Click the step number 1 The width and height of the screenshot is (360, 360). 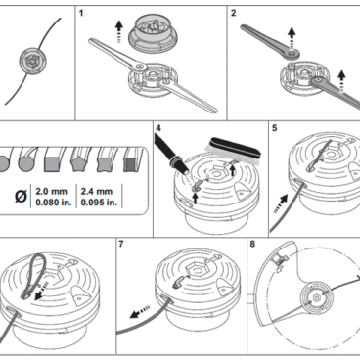[81, 13]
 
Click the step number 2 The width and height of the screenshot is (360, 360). [233, 13]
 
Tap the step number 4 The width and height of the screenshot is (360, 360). [158, 128]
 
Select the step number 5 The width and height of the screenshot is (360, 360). [274, 128]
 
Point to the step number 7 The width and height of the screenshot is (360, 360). [121, 244]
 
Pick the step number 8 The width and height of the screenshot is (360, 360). [252, 244]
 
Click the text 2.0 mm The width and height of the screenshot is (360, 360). [51, 191]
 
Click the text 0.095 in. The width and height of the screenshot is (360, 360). [99, 202]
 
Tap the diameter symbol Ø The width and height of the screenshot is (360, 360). [21, 197]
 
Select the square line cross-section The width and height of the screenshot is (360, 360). [52, 163]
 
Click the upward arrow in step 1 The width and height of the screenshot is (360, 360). [119, 31]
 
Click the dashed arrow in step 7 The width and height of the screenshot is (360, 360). [140, 312]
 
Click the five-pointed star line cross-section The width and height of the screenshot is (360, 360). [79, 163]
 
